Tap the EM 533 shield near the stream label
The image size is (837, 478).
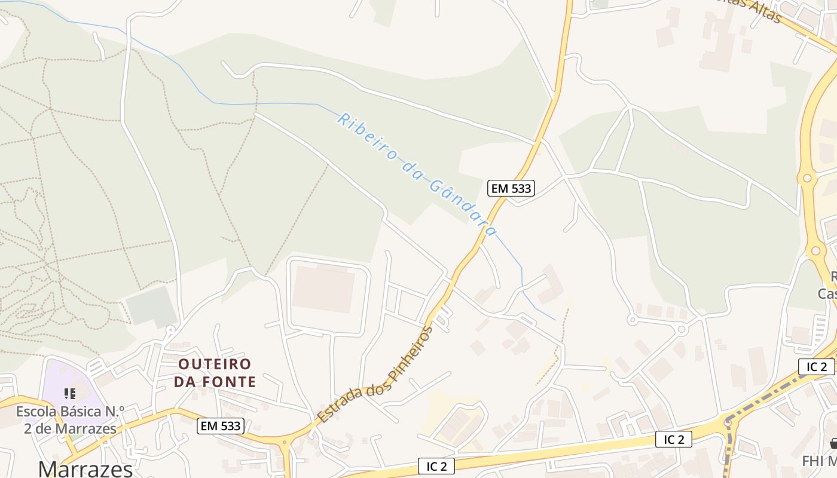(510, 188)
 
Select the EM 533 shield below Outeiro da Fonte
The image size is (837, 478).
(221, 426)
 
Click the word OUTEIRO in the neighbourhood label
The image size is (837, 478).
(215, 364)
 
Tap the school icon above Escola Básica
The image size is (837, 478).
(70, 393)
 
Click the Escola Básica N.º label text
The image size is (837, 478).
(70, 412)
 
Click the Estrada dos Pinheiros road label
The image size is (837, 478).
(374, 375)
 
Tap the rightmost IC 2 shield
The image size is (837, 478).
(816, 367)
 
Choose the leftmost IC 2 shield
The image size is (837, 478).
(436, 466)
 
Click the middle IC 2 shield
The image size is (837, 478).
(674, 440)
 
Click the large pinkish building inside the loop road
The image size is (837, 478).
(323, 289)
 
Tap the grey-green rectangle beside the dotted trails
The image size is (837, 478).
(150, 306)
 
